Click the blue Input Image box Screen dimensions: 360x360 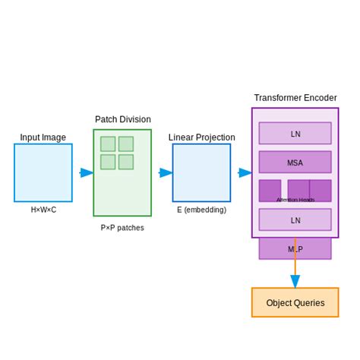(x=43, y=172)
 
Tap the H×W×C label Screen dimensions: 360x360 (x=43, y=210)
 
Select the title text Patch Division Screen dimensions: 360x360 (x=122, y=119)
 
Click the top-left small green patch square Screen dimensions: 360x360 (x=108, y=144)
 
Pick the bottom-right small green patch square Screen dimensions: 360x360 (x=126, y=162)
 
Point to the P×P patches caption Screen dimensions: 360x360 (x=122, y=227)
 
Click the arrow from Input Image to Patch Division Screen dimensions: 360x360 (x=86, y=172)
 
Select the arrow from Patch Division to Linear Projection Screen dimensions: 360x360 (x=165, y=172)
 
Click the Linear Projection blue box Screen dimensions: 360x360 (x=201, y=172)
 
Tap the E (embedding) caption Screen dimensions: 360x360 (x=201, y=210)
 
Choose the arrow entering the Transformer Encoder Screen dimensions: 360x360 (x=245, y=172)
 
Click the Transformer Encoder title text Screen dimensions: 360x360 (x=295, y=98)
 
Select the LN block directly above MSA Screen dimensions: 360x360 (x=295, y=134)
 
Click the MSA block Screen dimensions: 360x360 (x=295, y=162)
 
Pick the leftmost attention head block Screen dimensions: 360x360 (x=270, y=190)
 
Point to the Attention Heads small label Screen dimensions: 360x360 (x=295, y=200)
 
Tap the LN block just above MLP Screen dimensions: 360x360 (x=295, y=220)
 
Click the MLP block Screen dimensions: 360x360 (x=295, y=248)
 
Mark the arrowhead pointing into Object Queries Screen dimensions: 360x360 (x=295, y=282)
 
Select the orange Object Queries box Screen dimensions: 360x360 (x=295, y=302)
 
